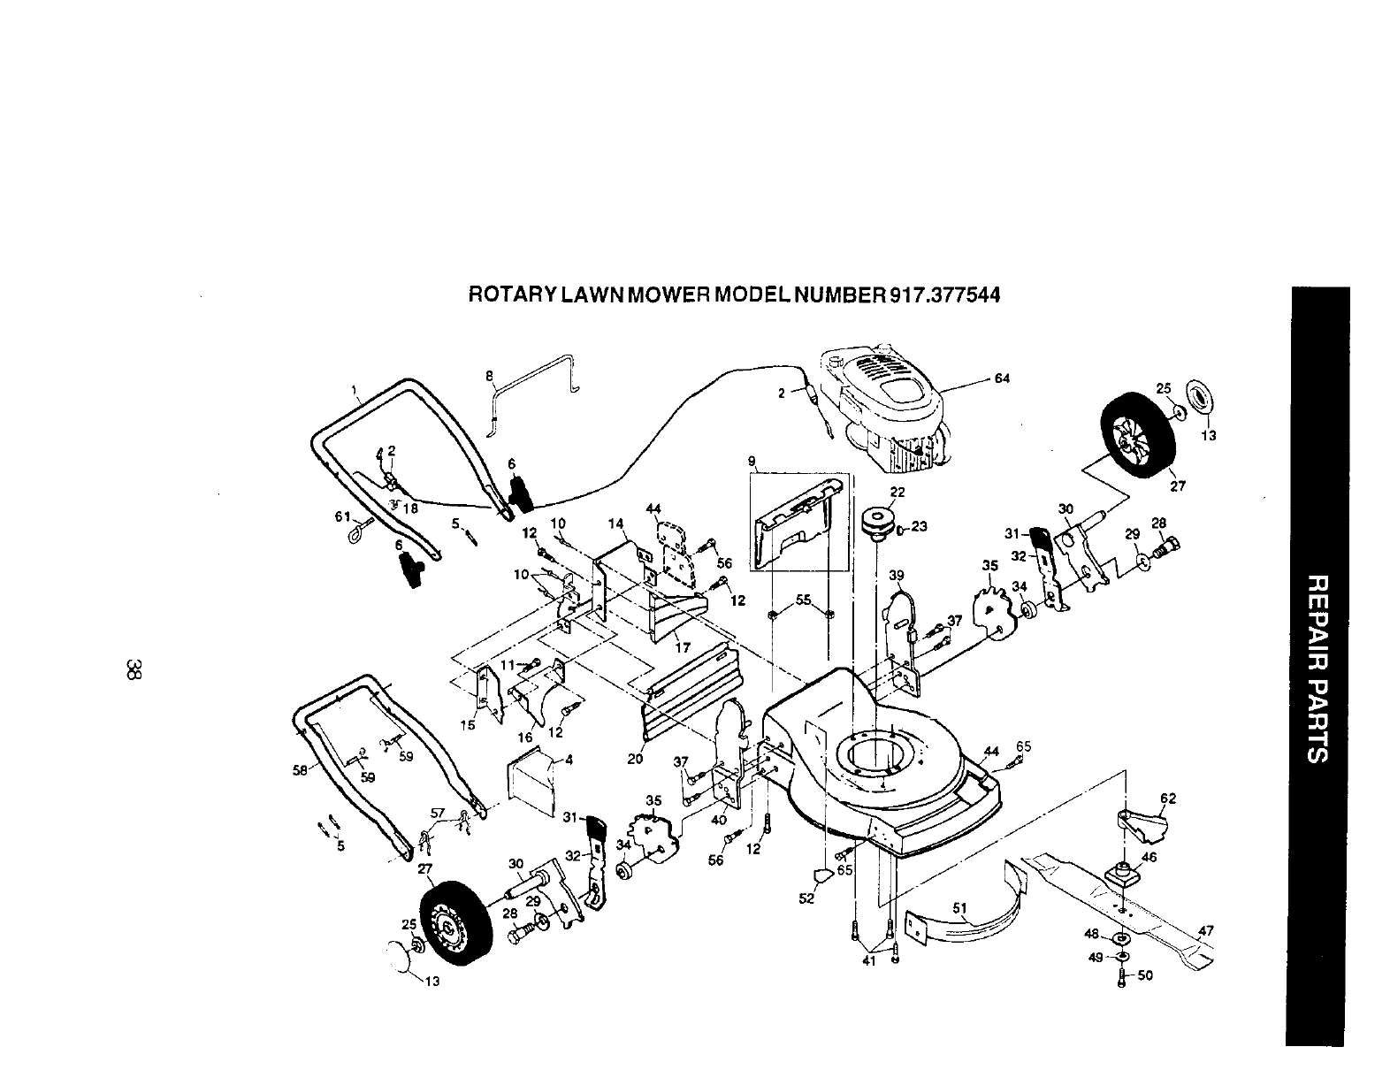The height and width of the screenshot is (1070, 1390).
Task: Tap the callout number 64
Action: [1001, 379]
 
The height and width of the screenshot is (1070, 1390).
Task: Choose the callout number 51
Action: [962, 907]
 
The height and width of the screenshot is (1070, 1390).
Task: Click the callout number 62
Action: [1168, 799]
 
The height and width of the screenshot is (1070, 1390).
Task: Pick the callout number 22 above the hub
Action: [897, 493]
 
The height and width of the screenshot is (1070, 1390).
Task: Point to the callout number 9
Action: [751, 460]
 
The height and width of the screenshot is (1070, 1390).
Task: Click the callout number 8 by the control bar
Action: [489, 376]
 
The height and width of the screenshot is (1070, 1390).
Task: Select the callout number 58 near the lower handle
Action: [299, 769]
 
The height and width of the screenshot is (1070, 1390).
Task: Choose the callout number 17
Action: [682, 646]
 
